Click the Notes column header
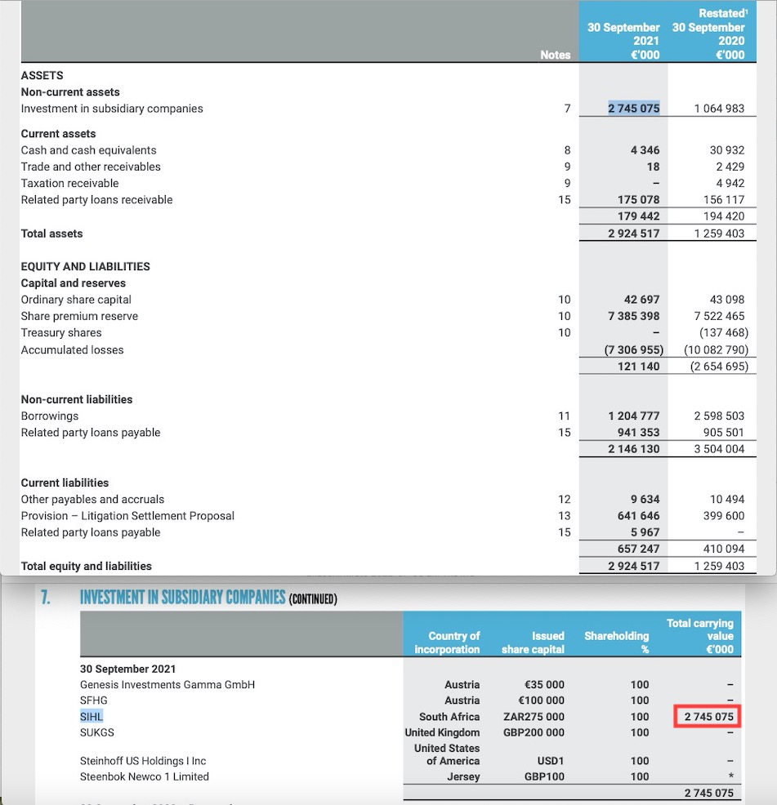[x=555, y=55]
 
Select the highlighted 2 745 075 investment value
[x=634, y=109]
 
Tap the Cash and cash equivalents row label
[x=88, y=150]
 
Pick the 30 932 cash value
[x=728, y=150]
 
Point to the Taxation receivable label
[x=69, y=183]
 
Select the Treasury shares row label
[x=61, y=332]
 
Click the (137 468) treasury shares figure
[x=723, y=332]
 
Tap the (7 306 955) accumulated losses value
[x=633, y=349]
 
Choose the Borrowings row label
[x=50, y=416]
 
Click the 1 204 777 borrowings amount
[x=633, y=416]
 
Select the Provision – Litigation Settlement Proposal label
[x=127, y=516]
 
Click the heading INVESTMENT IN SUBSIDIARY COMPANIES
[x=182, y=597]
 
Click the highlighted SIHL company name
[x=92, y=716]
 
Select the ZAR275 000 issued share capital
[x=534, y=717]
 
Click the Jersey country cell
[x=463, y=776]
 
